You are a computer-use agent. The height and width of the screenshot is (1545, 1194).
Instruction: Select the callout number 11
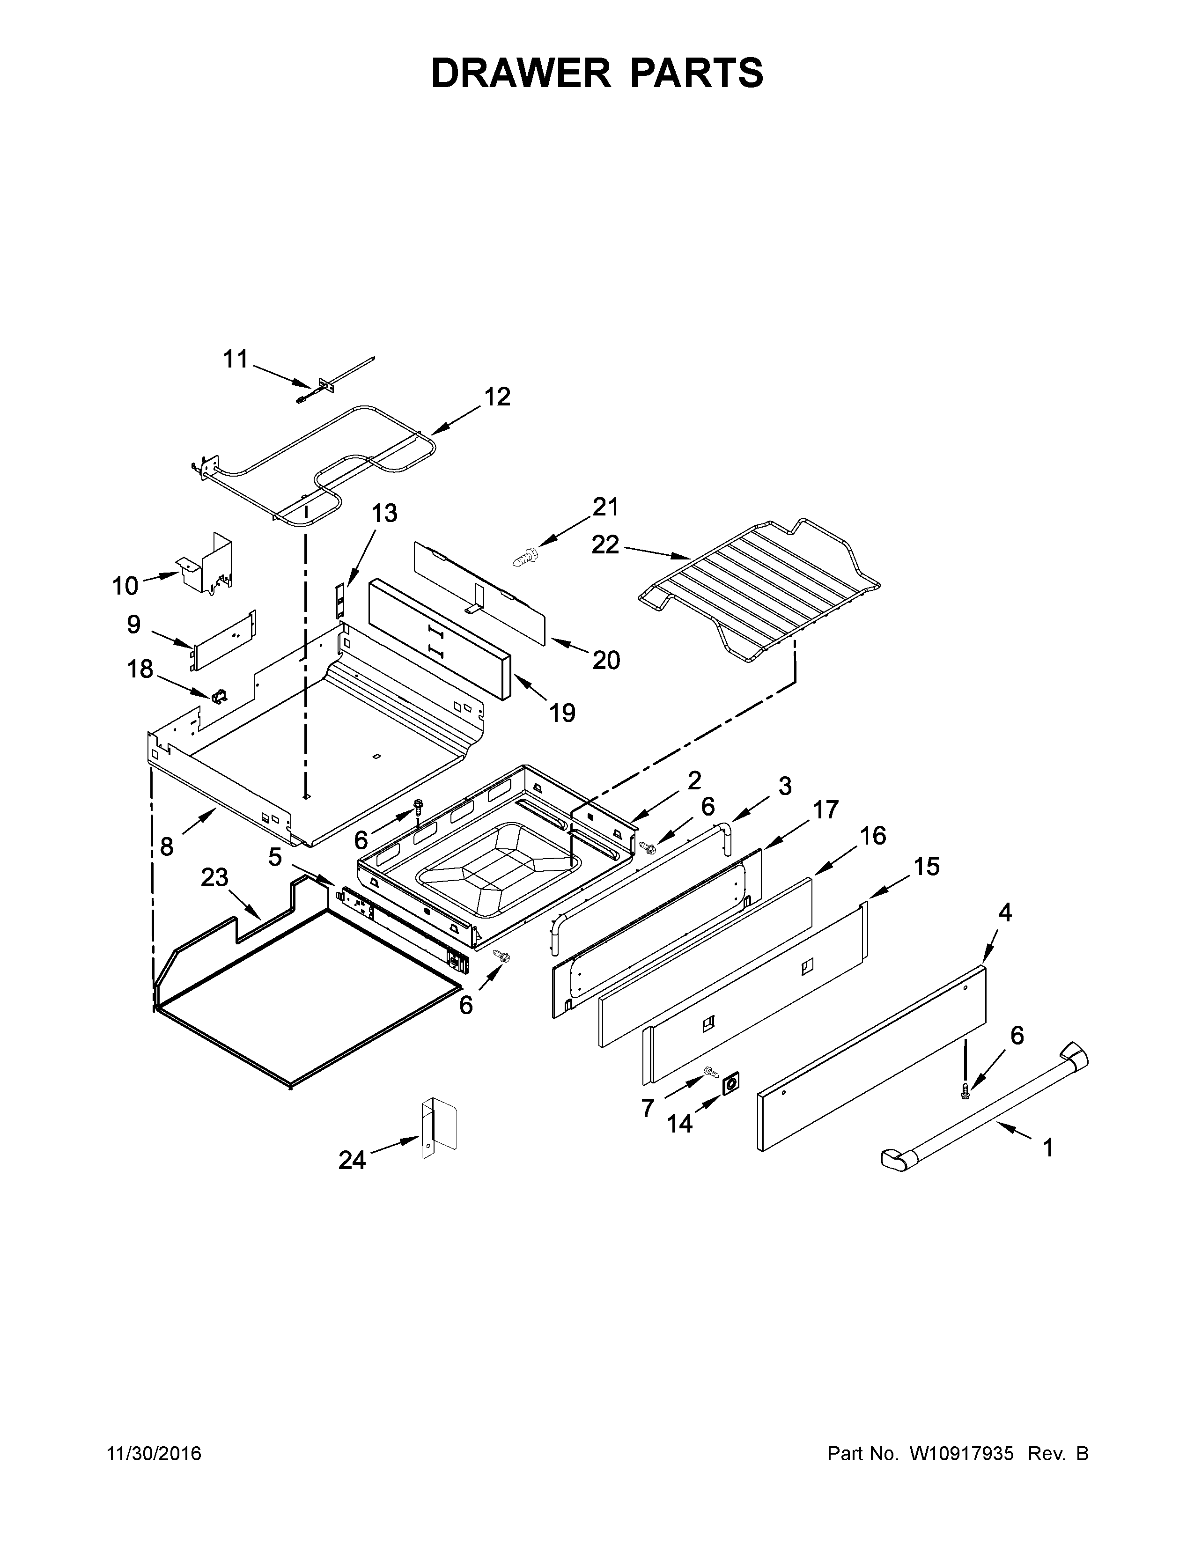(236, 360)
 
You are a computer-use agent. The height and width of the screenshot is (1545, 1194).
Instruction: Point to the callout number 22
(605, 544)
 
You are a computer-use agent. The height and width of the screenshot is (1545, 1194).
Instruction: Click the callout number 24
(352, 1160)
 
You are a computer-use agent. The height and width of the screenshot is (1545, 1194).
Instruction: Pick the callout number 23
(214, 878)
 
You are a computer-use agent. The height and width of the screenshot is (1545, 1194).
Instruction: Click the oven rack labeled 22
(760, 591)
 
